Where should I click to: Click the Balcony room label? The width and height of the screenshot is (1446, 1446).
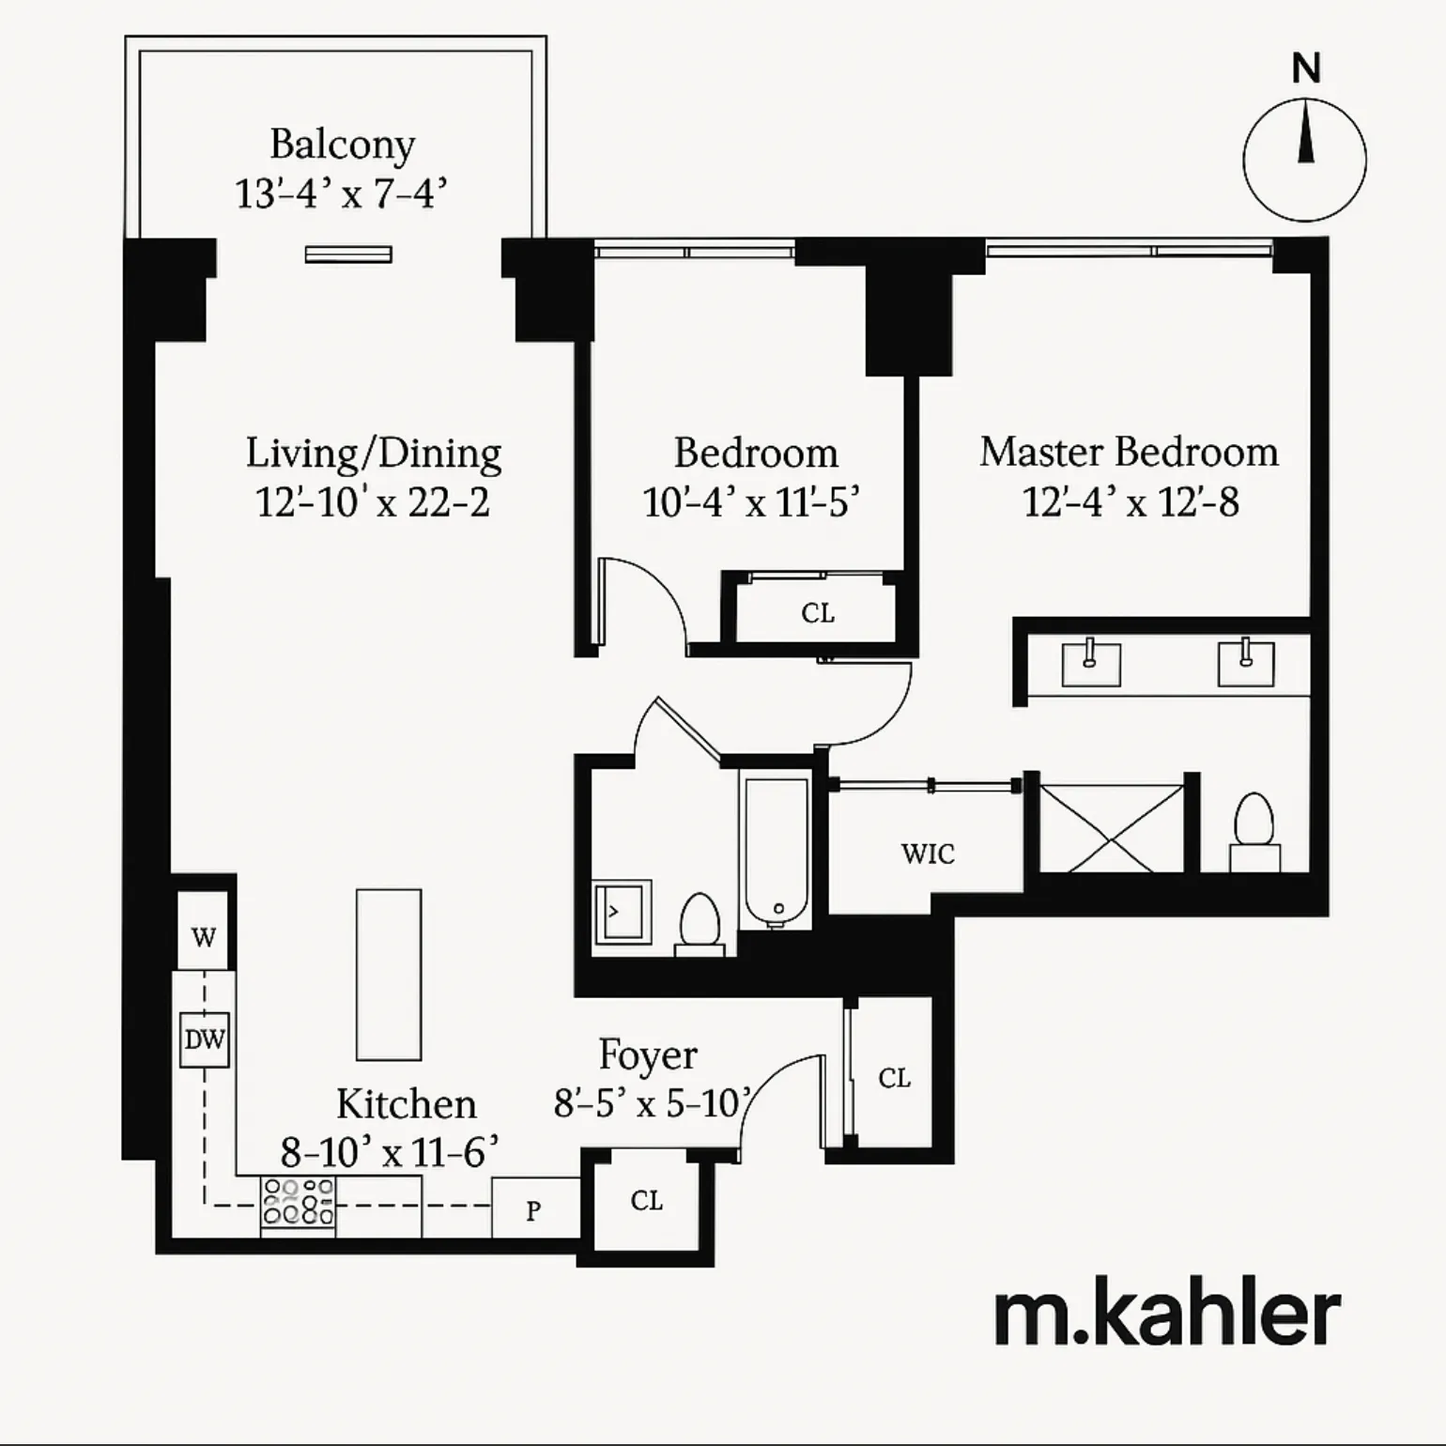pos(342,145)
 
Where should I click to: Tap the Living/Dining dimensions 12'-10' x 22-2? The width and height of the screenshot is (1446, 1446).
pos(373,502)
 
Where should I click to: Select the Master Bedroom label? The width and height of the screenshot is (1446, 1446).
pos(1129,452)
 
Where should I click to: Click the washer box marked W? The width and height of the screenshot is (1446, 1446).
pos(204,936)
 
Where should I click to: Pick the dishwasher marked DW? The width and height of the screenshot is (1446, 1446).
pos(205,1039)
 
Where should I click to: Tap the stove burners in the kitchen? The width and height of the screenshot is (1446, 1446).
pos(298,1202)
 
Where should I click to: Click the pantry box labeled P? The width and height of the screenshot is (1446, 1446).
pos(533,1209)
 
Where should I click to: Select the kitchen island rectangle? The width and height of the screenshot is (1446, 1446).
pos(389,975)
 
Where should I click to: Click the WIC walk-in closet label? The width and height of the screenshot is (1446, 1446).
pos(928,854)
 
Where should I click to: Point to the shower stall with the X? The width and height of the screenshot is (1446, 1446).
pos(1112,828)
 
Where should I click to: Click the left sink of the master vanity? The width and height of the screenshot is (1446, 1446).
pos(1091,663)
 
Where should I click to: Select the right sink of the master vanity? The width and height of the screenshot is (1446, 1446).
pos(1246,663)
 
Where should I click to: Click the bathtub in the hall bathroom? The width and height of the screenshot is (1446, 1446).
pos(776,852)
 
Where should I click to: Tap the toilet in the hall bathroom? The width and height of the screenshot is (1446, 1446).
pos(700,923)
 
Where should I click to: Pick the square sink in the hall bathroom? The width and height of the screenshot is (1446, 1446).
pos(622,911)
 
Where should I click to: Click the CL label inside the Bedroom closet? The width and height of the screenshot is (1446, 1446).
pos(818,613)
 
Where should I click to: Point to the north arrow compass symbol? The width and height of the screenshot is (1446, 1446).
pos(1304,160)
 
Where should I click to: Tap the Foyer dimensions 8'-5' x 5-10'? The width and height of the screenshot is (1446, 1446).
pos(654,1103)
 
